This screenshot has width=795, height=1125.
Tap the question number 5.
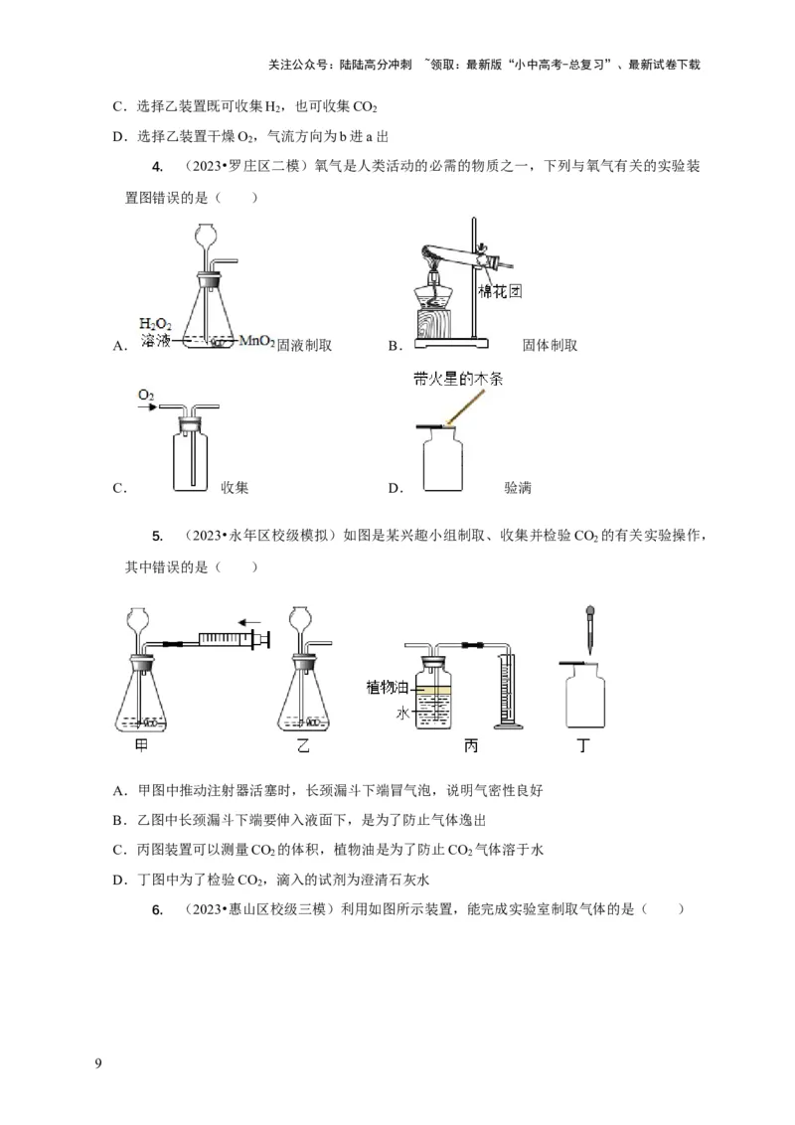[x=157, y=537]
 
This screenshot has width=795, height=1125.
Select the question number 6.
[x=157, y=908]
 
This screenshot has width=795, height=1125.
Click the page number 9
[x=97, y=1063]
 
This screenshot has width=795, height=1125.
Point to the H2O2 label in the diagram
[x=156, y=324]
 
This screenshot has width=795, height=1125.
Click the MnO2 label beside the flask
[x=257, y=341]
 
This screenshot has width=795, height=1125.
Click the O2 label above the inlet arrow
[x=146, y=396]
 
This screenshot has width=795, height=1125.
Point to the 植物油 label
[x=387, y=687]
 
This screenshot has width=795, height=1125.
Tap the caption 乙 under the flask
[x=303, y=745]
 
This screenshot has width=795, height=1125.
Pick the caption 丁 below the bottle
[x=584, y=745]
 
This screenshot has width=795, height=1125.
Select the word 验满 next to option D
[x=518, y=487]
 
